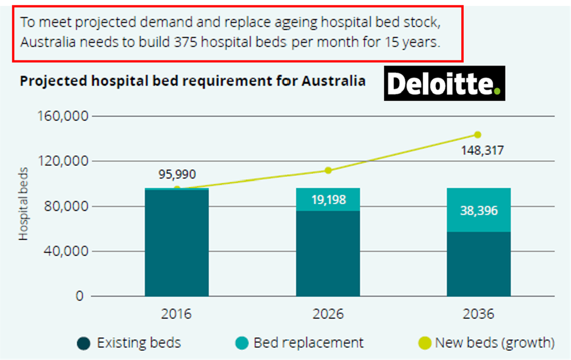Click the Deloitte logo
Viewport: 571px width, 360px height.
tap(444, 84)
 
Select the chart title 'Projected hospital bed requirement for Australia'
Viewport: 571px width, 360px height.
tap(192, 81)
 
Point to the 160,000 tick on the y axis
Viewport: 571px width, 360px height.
tap(62, 116)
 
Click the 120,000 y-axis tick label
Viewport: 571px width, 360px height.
tap(62, 161)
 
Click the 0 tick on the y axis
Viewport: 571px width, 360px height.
tap(79, 297)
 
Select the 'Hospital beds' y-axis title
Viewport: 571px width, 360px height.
tap(23, 203)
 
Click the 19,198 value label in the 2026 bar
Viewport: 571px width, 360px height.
tap(328, 200)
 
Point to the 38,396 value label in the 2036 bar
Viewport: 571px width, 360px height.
tap(478, 211)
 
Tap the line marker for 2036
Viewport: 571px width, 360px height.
tap(478, 135)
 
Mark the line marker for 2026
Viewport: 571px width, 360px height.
tap(328, 170)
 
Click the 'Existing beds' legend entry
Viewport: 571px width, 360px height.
tap(129, 343)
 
